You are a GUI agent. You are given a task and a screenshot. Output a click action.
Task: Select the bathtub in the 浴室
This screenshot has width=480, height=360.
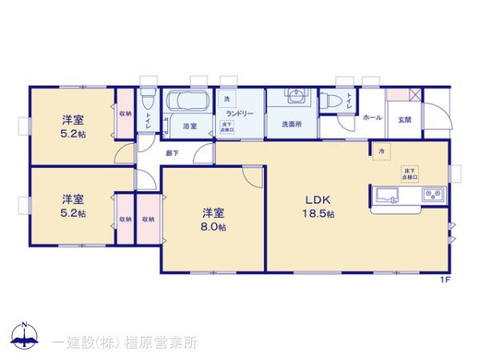tap(187, 103)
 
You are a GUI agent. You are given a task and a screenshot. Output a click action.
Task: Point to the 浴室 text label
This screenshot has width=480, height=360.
tap(190, 126)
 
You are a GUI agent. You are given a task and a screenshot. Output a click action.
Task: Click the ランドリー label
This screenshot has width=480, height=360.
tap(239, 114)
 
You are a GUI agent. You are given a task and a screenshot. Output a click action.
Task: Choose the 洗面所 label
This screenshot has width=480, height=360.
tap(290, 125)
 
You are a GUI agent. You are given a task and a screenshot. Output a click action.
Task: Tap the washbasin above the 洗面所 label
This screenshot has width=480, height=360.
tap(292, 99)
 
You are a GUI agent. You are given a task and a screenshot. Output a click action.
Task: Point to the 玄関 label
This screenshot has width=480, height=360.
tap(405, 118)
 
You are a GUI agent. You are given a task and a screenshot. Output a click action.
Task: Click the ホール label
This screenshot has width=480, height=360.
tap(372, 118)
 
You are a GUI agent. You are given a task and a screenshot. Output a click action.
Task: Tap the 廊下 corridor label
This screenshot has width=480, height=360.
tap(172, 151)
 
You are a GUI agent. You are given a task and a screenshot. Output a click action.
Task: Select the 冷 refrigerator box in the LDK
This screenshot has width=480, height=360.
tap(382, 150)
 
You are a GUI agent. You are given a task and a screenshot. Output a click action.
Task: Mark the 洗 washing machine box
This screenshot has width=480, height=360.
tap(226, 98)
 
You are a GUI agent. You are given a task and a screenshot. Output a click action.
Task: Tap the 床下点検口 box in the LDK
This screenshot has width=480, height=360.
tap(408, 172)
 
